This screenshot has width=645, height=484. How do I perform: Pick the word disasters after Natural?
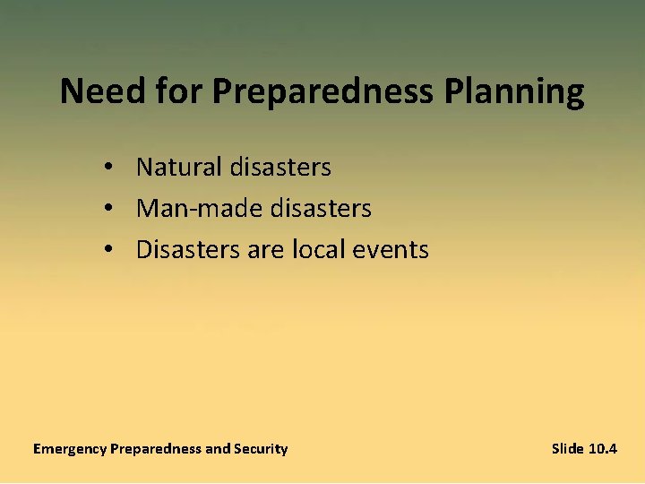point(280,167)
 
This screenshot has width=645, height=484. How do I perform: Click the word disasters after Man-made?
point(321,208)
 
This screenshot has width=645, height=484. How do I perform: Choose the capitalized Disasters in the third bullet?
point(188,249)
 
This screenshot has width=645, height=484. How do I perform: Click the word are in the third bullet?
point(265,249)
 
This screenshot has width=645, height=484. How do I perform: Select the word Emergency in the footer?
point(70,449)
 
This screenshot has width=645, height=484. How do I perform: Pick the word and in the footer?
point(219,448)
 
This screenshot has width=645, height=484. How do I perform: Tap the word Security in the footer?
point(262,449)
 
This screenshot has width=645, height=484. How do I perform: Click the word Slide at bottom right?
point(568,448)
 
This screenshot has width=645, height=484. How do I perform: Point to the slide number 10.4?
point(603,448)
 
